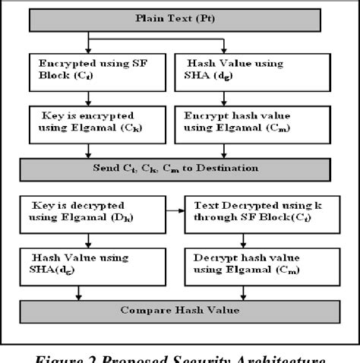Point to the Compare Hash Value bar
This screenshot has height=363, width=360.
(178, 311)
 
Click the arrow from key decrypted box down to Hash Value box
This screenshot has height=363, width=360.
(90, 238)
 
